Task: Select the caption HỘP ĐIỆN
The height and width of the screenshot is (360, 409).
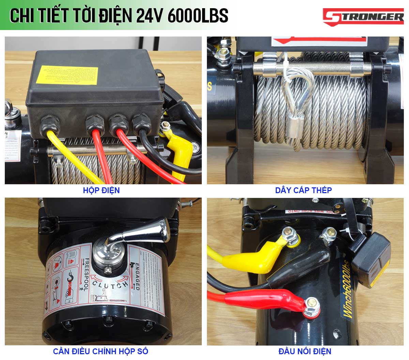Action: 101,190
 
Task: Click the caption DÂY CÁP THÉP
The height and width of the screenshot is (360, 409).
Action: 303,190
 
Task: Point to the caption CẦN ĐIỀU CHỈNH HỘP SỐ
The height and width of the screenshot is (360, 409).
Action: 101,351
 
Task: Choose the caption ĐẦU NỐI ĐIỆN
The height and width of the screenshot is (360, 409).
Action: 305,351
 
